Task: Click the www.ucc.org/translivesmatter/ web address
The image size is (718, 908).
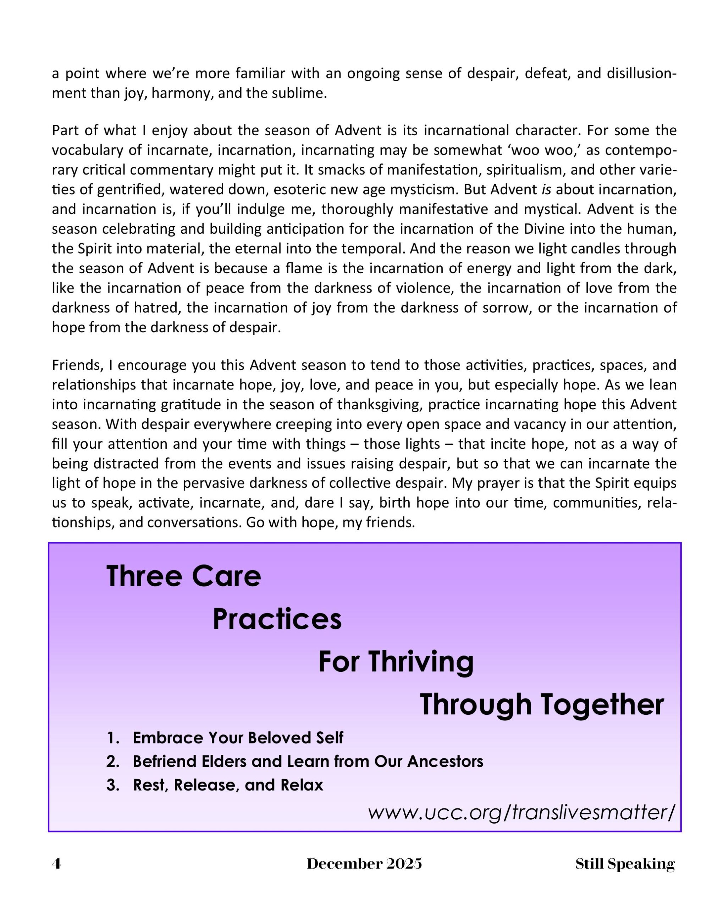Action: [x=521, y=812]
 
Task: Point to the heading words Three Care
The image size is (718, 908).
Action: [x=184, y=576]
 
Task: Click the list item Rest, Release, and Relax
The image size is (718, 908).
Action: [x=228, y=785]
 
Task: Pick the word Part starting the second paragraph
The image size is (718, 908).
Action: [x=65, y=130]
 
